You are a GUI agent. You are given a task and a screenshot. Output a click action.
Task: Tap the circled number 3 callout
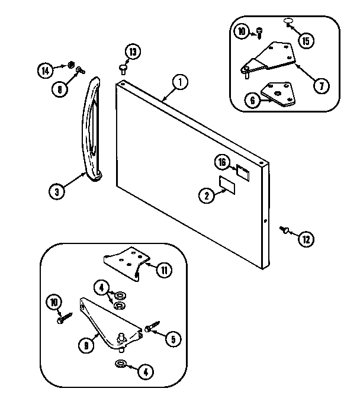pyautogui.click(x=57, y=191)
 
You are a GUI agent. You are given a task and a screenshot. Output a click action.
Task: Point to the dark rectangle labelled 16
pyautogui.click(x=243, y=171)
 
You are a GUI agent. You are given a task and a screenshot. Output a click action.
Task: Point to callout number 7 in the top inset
pyautogui.click(x=320, y=86)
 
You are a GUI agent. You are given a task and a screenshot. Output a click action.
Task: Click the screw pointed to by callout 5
pyautogui.click(x=149, y=326)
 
